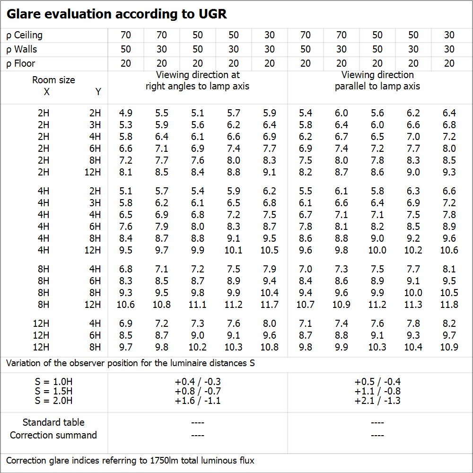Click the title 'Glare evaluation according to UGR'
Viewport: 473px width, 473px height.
116,14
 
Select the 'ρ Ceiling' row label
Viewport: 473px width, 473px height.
25,35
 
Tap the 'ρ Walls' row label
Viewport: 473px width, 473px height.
22,49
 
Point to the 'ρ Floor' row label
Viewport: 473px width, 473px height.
21,63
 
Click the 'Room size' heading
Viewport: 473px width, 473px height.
53,80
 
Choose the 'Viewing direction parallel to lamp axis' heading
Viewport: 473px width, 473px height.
377,80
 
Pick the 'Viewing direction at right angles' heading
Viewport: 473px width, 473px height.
198,80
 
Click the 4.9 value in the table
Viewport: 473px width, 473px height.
126,113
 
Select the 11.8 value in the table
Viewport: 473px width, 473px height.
449,305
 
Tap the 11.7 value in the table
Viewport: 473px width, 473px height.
270,305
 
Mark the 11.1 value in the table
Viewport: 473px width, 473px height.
198,305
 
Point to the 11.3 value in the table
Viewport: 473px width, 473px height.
413,305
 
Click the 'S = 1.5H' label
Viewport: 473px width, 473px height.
53,391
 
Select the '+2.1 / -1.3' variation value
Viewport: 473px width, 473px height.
377,401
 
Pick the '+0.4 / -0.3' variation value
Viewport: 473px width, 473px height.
198,382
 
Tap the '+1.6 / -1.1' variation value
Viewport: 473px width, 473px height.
198,401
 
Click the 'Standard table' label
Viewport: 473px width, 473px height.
53,422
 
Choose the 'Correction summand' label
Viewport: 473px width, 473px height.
53,435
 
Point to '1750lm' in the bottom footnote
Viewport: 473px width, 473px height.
166,460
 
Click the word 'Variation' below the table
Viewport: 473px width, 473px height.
23,363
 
